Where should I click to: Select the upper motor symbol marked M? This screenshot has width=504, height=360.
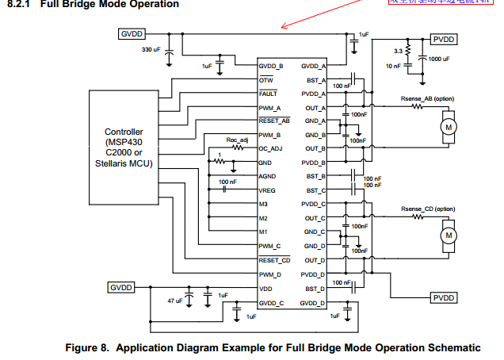coord(449,127)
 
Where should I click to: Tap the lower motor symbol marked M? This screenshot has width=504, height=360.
coord(449,235)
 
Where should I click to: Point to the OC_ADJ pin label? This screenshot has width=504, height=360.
coord(272,148)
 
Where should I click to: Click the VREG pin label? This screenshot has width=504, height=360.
coord(267,190)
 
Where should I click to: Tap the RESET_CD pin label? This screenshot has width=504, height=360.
coord(274,259)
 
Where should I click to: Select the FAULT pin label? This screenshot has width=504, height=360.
coord(268,93)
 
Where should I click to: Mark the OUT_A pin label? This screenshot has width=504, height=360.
coord(316,107)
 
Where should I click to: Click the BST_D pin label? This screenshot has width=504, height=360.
coord(316,288)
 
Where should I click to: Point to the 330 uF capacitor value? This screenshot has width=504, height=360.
coord(151,49)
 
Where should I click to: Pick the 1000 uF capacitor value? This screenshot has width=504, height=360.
coord(438,59)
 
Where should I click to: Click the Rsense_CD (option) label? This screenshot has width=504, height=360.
coord(429,209)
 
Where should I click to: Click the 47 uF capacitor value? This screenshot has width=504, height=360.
coord(174,301)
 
